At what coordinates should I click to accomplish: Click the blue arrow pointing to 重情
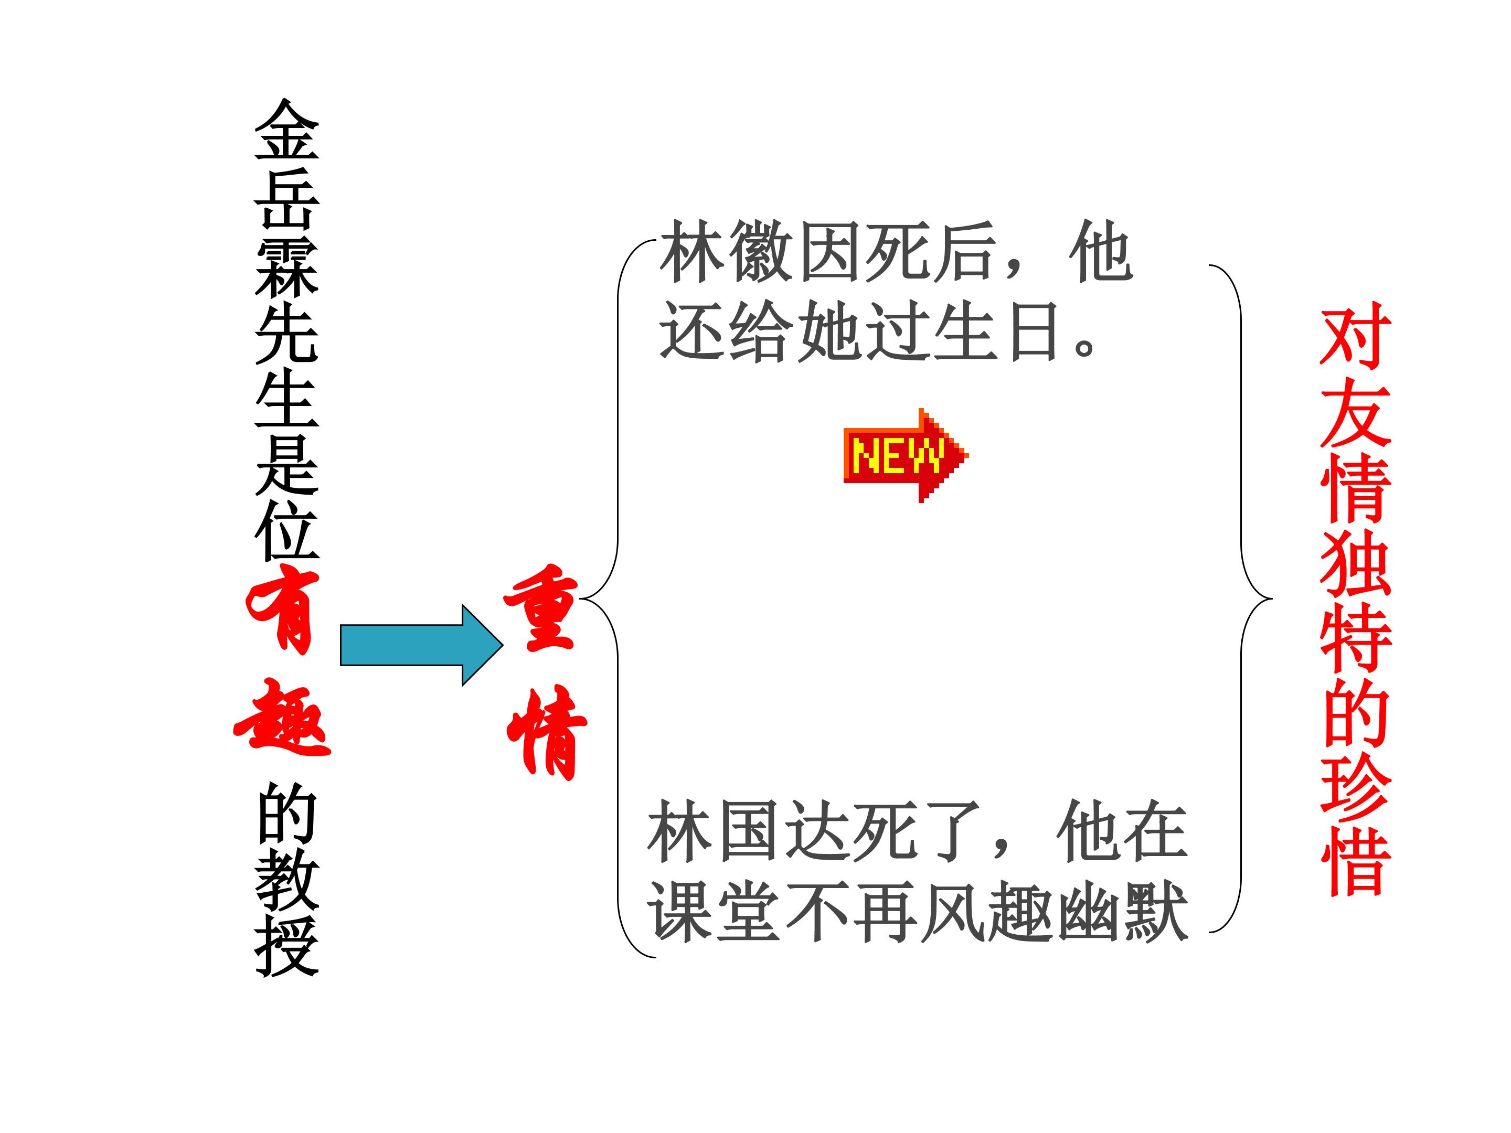tap(421, 645)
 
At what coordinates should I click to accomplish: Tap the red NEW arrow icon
tap(906, 455)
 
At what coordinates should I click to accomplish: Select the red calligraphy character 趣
tap(282, 717)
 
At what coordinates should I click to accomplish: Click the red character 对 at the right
tap(1356, 336)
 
